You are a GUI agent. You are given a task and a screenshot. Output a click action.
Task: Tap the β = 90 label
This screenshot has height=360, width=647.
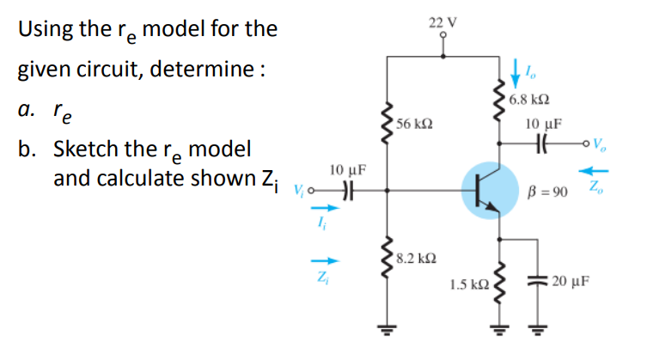(546, 190)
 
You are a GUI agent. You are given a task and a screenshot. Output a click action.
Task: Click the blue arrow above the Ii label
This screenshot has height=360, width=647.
(319, 206)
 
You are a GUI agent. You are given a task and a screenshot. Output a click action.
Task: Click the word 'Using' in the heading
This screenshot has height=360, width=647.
(46, 29)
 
